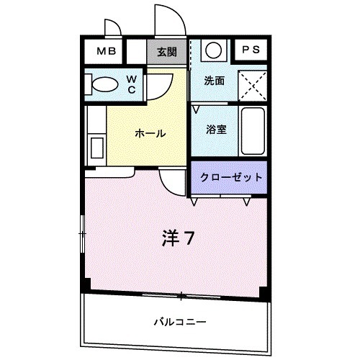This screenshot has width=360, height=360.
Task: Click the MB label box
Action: click(106, 51)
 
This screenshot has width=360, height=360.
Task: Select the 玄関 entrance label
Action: click(167, 51)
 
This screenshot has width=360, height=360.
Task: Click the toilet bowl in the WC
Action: click(104, 84)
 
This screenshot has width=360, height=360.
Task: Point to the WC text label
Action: click(133, 84)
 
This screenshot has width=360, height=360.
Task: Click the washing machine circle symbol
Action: click(213, 50)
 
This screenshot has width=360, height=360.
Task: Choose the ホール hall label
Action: click(150, 133)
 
